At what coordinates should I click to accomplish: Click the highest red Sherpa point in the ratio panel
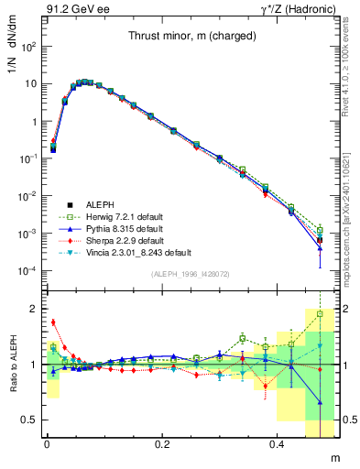point(53,322)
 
